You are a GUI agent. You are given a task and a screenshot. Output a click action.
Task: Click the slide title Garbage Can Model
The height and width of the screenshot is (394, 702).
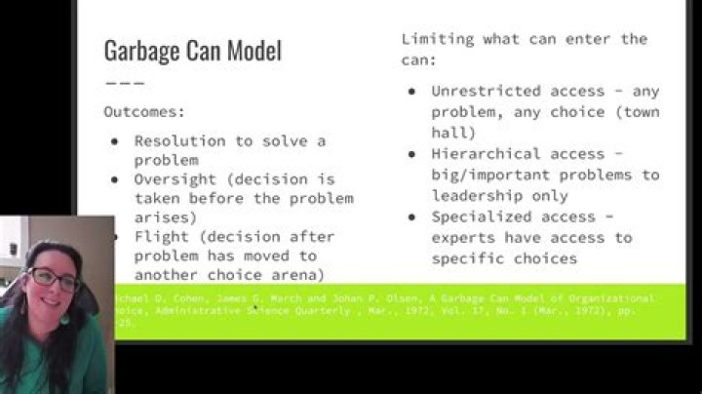(x=192, y=51)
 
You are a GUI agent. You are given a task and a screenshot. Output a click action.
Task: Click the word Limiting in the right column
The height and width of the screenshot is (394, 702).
(x=437, y=39)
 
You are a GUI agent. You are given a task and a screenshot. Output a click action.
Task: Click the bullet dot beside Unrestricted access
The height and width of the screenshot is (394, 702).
(x=412, y=92)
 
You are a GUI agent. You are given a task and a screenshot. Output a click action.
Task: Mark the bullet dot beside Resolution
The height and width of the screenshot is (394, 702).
(x=115, y=140)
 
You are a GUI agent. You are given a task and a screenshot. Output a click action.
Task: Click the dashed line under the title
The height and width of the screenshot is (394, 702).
(x=124, y=83)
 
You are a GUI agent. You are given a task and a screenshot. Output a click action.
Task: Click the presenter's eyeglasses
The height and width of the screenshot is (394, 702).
(x=54, y=280)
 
